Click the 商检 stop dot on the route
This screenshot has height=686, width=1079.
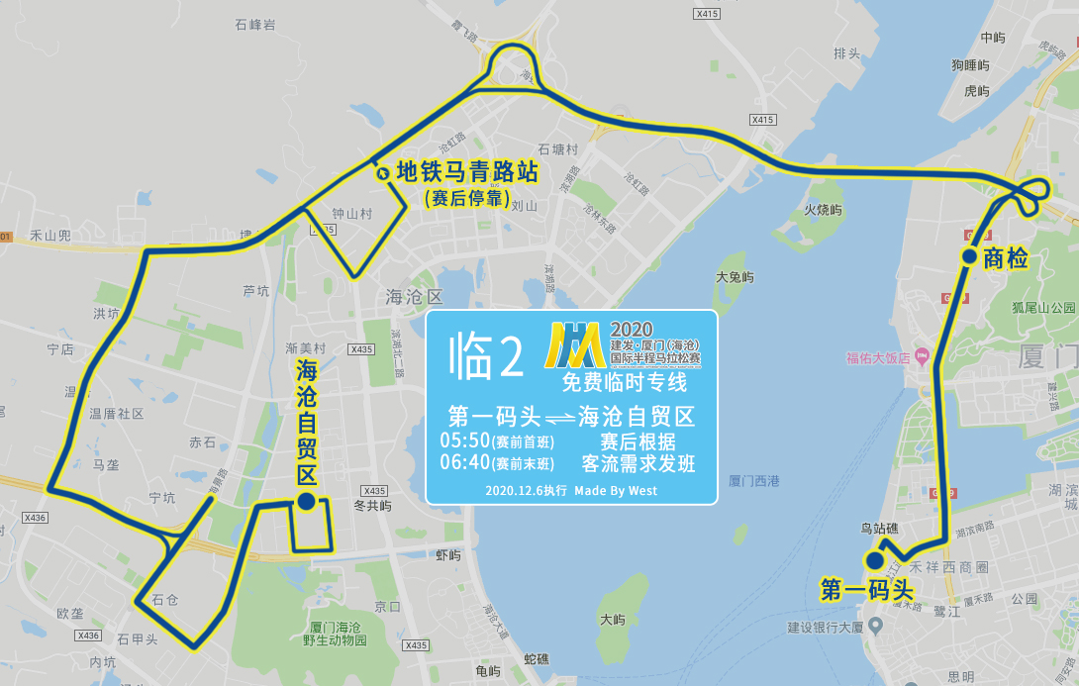click(969, 257)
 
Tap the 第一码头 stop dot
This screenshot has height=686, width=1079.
click(875, 560)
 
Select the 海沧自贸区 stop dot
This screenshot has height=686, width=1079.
click(306, 502)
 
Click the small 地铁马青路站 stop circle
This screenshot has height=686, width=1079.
click(383, 174)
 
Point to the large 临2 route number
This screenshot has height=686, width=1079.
click(485, 356)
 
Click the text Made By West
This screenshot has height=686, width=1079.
click(615, 490)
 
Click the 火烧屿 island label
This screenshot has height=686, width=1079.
click(823, 210)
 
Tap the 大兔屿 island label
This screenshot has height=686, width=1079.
click(735, 278)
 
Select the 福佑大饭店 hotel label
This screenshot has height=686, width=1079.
click(877, 357)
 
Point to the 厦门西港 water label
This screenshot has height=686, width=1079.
click(754, 481)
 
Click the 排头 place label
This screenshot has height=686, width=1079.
click(846, 53)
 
